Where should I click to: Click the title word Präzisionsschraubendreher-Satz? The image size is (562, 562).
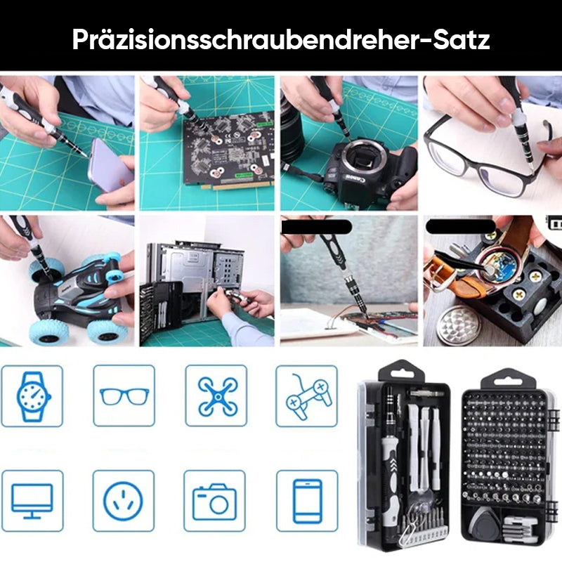point(280,39)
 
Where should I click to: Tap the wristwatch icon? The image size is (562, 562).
point(33,396)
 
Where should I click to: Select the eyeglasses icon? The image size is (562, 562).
point(124,396)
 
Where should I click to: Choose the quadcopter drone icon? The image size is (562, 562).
point(218,396)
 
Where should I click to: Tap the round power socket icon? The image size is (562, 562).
point(123,501)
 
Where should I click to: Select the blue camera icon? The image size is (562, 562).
point(214,502)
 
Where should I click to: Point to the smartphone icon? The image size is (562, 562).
point(308,501)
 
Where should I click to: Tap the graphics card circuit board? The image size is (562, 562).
point(229,150)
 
